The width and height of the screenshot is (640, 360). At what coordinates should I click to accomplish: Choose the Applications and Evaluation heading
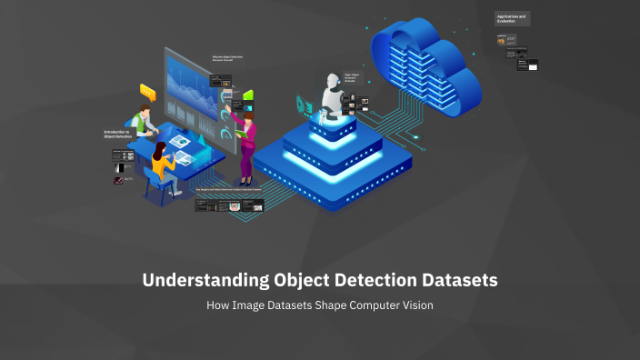pos(512,18)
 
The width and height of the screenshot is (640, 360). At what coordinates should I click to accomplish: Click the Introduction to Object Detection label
pos(118,134)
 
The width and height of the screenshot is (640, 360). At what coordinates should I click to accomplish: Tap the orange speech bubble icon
pos(147,91)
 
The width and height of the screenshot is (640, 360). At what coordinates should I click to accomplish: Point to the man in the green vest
pos(141,122)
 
